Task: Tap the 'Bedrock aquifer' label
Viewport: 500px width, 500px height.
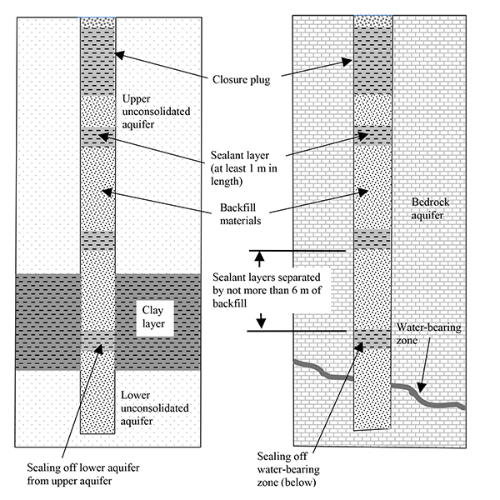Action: click(432, 210)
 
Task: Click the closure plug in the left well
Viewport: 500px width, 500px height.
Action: click(97, 62)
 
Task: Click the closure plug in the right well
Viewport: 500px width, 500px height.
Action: click(372, 62)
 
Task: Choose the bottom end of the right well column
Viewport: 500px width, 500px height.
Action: click(373, 428)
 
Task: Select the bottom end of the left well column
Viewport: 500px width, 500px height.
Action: click(97, 433)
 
